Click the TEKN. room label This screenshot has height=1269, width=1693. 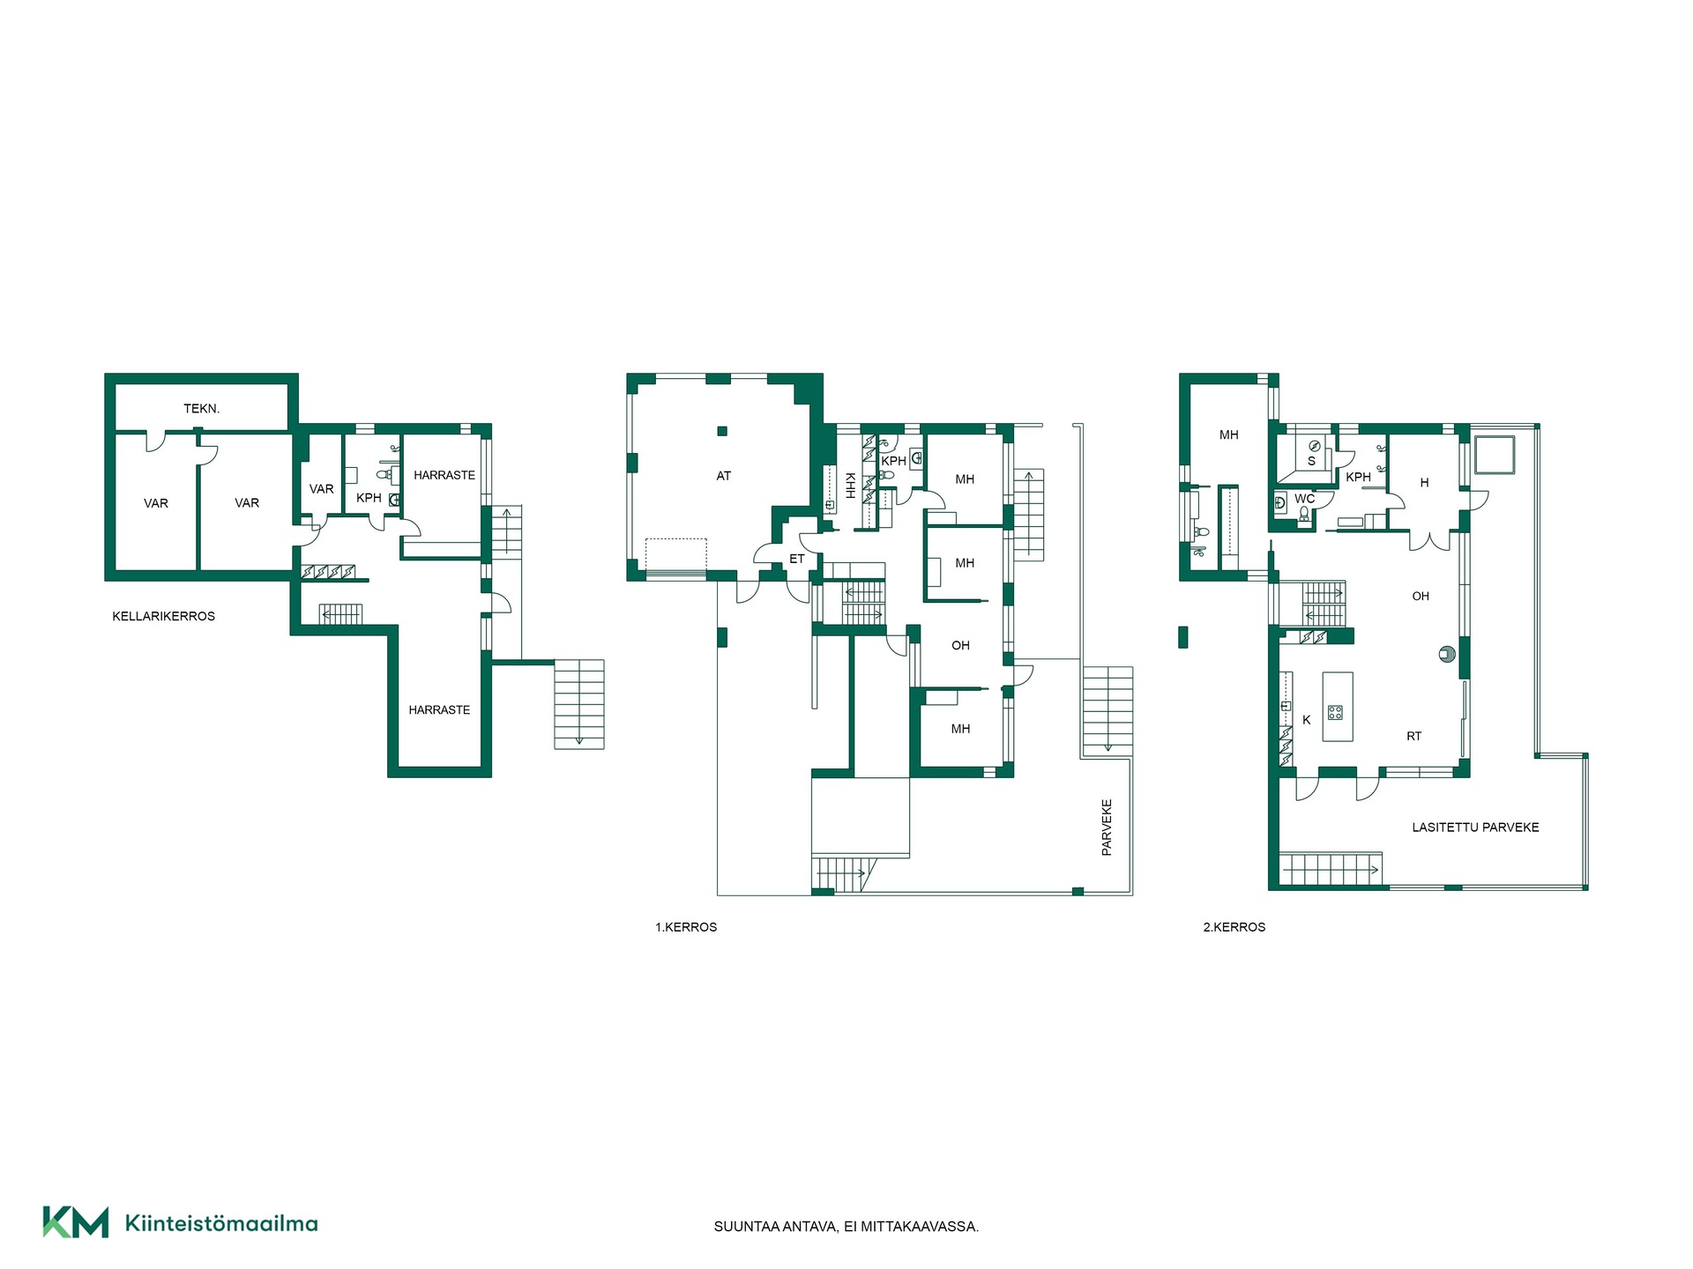(x=201, y=409)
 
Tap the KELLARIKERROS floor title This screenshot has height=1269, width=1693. (x=164, y=616)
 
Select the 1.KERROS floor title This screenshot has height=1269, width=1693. (x=686, y=927)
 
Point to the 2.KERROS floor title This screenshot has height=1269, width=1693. (x=1234, y=927)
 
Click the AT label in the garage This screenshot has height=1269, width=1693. (x=724, y=476)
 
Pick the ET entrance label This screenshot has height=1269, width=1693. (x=797, y=559)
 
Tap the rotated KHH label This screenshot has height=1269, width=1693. (x=850, y=486)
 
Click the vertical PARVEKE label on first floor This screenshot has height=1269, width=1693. (x=1107, y=827)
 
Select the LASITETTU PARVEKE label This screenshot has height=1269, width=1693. (x=1475, y=827)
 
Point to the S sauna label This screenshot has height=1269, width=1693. (x=1311, y=461)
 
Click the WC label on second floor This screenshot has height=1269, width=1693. (x=1305, y=499)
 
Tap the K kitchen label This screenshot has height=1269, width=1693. (x=1307, y=720)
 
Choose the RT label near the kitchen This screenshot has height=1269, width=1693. (x=1414, y=736)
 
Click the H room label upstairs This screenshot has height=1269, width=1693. (x=1424, y=483)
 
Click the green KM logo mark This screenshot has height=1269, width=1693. (x=76, y=1222)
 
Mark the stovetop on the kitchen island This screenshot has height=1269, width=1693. (x=1336, y=712)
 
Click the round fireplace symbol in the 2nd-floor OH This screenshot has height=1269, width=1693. (x=1447, y=654)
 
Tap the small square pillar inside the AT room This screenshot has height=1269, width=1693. (x=722, y=431)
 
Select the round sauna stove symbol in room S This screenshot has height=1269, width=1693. (x=1315, y=446)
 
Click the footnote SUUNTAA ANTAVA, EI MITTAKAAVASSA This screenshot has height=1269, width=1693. (x=846, y=1227)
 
